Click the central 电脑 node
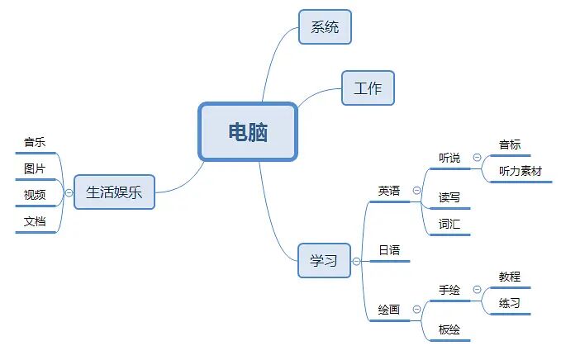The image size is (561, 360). pyautogui.click(x=248, y=131)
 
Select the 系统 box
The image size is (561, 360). pyautogui.click(x=325, y=26)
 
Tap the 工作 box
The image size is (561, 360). pyautogui.click(x=368, y=88)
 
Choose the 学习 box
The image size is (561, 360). pyautogui.click(x=324, y=260)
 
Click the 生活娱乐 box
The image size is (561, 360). pyautogui.click(x=114, y=192)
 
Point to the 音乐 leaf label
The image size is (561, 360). pyautogui.click(x=35, y=142)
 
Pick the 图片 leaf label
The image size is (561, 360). pyautogui.click(x=35, y=168)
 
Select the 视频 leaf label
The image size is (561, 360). pyautogui.click(x=35, y=195)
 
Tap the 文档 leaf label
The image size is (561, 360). pyautogui.click(x=35, y=221)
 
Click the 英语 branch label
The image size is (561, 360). pyautogui.click(x=389, y=191)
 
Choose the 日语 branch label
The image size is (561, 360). pyautogui.click(x=389, y=250)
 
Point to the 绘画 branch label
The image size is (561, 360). pyautogui.click(x=389, y=310)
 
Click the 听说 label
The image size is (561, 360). pyautogui.click(x=449, y=158)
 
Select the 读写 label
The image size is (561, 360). pyautogui.click(x=449, y=197)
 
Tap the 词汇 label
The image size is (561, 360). pyautogui.click(x=449, y=224)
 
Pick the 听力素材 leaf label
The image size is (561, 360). pyautogui.click(x=521, y=171)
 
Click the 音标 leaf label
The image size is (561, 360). pyautogui.click(x=510, y=144)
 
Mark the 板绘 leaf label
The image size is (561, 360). pyautogui.click(x=449, y=329)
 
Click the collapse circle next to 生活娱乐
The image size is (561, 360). pyautogui.click(x=69, y=192)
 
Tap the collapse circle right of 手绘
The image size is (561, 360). pyautogui.click(x=477, y=290)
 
